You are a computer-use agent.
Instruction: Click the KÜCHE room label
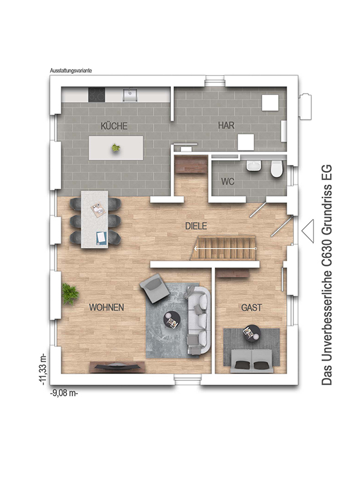point(114,126)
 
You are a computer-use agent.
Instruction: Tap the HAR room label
point(226,126)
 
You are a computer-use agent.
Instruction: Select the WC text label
point(227,181)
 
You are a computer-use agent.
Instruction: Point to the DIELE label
point(196,226)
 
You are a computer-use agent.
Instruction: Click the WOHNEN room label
point(106,307)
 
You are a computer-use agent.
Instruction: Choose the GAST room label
point(251,307)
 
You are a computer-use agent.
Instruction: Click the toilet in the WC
point(276,170)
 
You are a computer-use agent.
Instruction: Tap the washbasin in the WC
point(254,166)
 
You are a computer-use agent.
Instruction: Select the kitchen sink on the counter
point(130,94)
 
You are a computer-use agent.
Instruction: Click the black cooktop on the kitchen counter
point(97,95)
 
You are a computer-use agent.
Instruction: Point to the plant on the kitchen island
point(115,147)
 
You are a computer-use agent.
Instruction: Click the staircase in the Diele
point(224,247)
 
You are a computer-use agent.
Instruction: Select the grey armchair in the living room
point(155,288)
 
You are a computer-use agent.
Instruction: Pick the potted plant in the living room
point(70,293)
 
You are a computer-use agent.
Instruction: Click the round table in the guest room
point(250,332)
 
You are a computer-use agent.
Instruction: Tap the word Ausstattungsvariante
point(71,70)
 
